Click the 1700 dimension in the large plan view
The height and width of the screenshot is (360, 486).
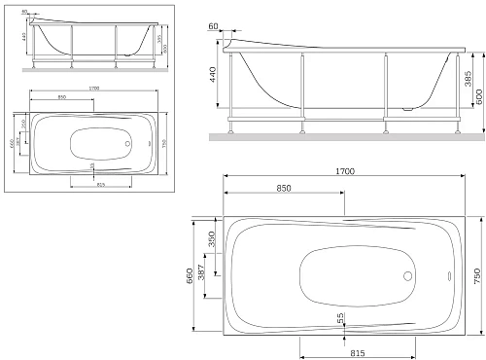344,171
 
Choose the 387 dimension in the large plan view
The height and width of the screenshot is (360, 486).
226,274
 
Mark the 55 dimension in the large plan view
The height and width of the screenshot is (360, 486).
341,317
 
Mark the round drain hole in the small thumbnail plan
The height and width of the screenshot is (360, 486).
127,144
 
